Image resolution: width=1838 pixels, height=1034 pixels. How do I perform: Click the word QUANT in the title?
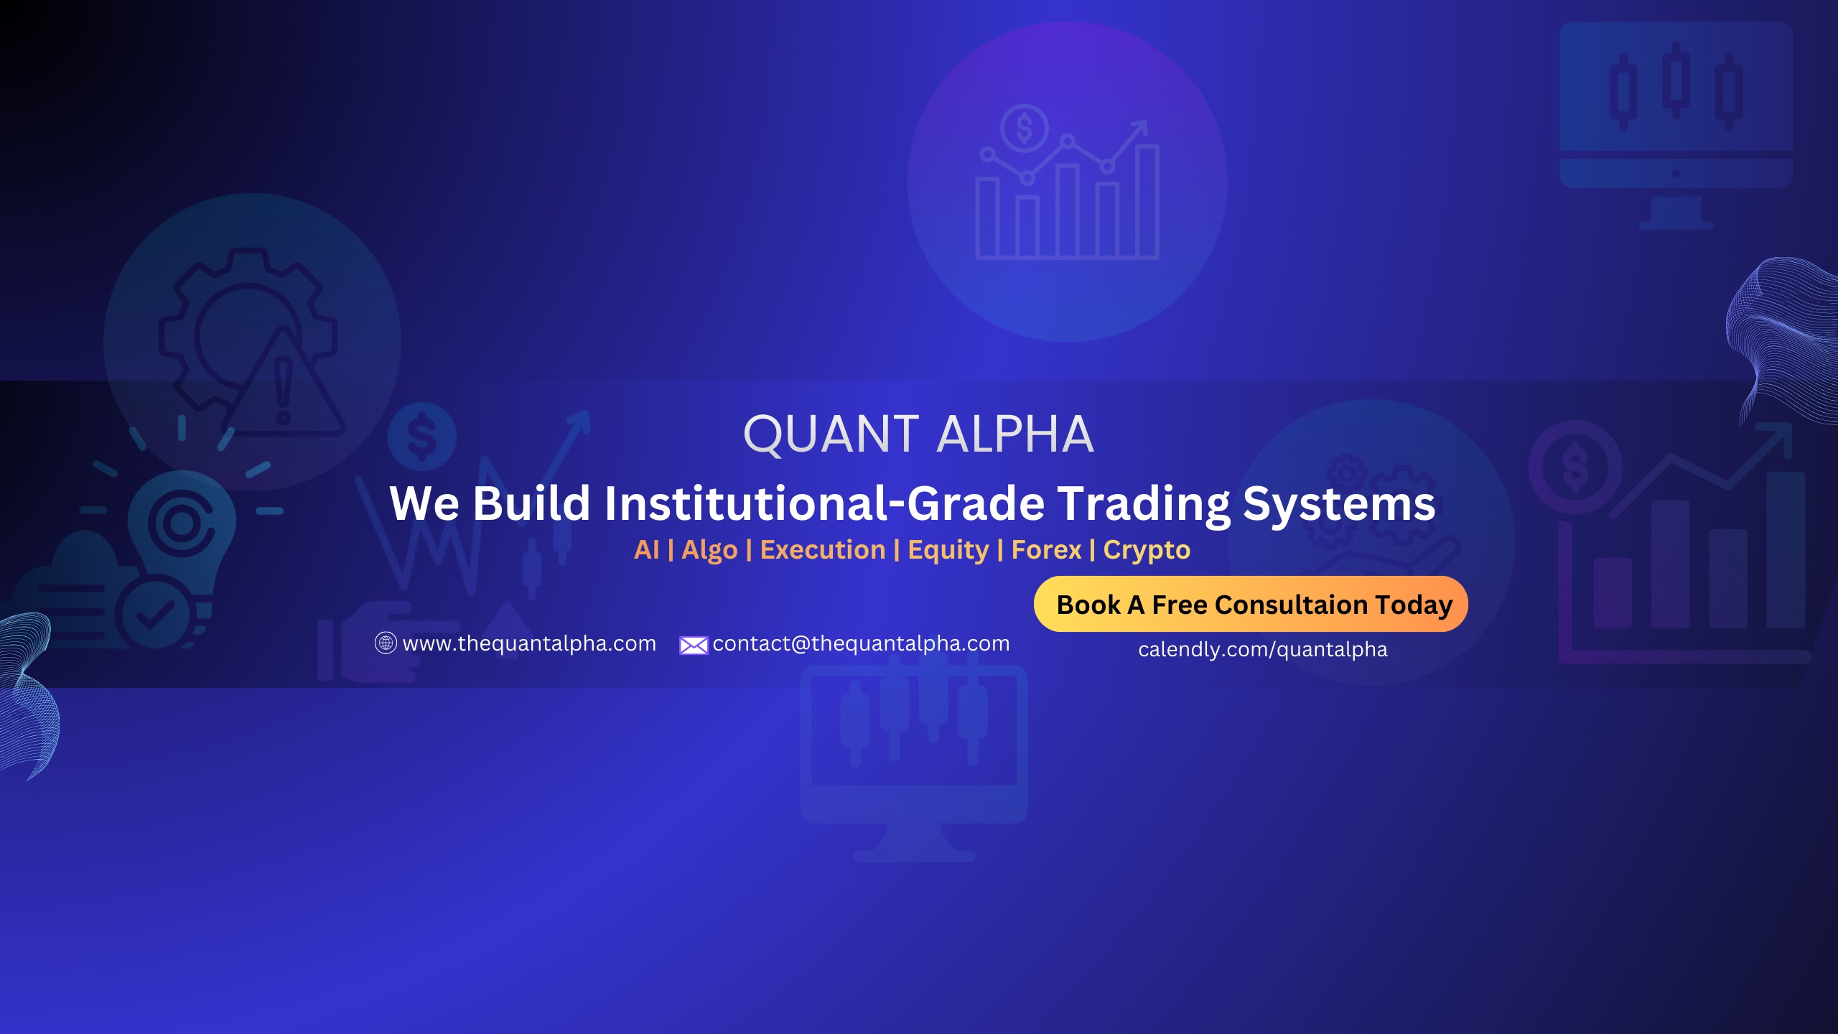tap(831, 434)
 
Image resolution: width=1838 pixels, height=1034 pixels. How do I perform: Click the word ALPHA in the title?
tap(1015, 434)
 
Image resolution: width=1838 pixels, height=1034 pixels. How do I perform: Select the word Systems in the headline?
tap(1339, 505)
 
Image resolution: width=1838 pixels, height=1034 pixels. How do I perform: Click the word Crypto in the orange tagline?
tap(1147, 551)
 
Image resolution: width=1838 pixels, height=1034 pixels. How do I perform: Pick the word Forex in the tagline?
tap(1046, 550)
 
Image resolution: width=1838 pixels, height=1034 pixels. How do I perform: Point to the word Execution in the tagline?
tap(823, 550)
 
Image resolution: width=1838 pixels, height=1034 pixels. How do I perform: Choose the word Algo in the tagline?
tap(709, 551)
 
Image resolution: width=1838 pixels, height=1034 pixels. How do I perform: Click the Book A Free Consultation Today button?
tap(1251, 604)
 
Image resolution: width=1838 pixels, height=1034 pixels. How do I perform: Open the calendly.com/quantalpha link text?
tap(1263, 649)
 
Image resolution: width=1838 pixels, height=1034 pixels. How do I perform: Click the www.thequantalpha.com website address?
tap(529, 643)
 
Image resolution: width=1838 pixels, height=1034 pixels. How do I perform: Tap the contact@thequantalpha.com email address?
tap(861, 643)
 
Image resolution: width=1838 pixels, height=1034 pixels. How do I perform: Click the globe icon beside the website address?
tap(386, 643)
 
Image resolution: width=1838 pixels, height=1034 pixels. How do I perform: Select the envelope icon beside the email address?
tap(694, 646)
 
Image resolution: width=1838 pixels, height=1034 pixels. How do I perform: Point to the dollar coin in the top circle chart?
tap(1025, 129)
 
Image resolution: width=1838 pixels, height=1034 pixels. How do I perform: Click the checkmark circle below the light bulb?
tap(156, 614)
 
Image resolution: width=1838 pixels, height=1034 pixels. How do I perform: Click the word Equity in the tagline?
tap(948, 551)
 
